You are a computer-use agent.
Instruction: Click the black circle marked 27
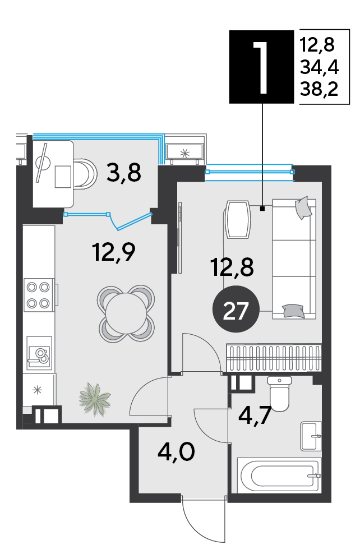[236, 309]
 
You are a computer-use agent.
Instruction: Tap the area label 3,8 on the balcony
[124, 173]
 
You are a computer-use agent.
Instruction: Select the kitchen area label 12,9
[114, 251]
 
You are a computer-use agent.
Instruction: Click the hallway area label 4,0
[176, 452]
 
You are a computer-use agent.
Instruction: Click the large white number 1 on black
[262, 67]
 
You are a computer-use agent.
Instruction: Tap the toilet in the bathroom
[279, 394]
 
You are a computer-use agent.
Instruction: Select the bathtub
[279, 476]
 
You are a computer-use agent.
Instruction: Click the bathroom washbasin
[311, 436]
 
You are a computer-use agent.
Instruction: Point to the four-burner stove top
[39, 295]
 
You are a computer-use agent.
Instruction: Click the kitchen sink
[39, 354]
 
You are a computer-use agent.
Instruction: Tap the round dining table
[126, 313]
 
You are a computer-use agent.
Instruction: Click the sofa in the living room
[294, 259]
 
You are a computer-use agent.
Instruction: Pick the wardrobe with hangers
[274, 357]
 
